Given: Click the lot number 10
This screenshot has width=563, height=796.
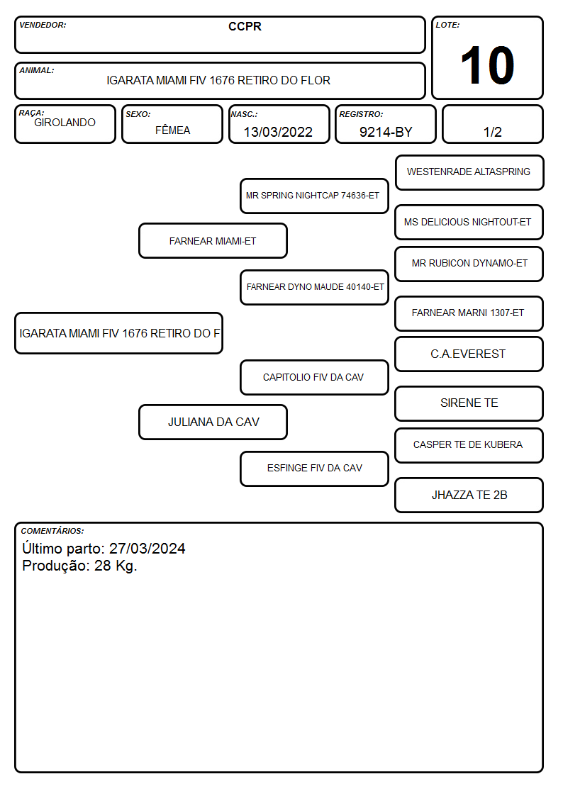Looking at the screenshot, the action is (487, 65).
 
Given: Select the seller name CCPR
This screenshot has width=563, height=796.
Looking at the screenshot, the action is (245, 26).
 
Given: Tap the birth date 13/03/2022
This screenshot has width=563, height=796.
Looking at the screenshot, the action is (278, 132).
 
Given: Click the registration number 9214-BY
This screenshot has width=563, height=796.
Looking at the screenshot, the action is (386, 132).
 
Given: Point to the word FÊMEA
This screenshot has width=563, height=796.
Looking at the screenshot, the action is (172, 130).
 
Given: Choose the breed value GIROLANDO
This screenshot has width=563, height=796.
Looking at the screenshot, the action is (65, 123).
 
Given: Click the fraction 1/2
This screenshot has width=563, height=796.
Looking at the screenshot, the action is (492, 132).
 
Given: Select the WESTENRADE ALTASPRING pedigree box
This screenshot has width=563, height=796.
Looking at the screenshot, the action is (469, 173).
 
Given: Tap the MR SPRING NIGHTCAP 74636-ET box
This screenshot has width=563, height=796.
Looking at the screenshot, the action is (314, 196).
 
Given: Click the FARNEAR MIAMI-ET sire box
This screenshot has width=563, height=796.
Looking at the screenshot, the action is (213, 240).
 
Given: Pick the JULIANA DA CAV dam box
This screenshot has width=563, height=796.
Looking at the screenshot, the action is (213, 422).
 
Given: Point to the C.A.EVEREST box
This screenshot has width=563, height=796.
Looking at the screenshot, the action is (469, 354).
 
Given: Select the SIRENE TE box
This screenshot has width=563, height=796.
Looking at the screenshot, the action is (469, 403).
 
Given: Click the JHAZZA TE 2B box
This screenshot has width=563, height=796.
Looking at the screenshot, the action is (469, 495).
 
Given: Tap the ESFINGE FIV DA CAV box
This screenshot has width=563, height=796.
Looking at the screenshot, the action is (314, 469).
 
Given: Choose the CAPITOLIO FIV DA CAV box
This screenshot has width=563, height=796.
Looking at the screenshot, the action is (314, 377).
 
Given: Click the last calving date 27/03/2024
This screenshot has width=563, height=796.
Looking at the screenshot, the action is (147, 549).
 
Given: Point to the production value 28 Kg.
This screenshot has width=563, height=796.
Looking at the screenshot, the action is (116, 566).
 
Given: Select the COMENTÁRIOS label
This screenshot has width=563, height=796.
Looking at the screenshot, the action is (52, 531).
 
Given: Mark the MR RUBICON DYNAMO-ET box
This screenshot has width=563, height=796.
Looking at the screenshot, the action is (469, 264).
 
